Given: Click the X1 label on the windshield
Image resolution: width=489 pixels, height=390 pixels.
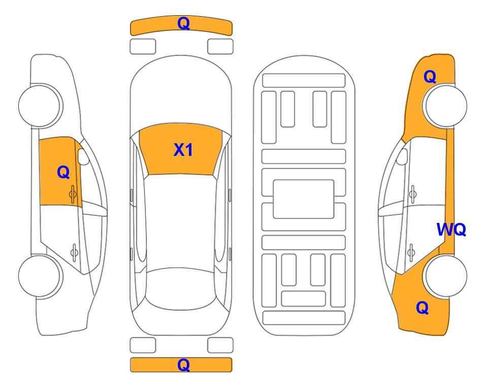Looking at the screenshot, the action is [x=183, y=150].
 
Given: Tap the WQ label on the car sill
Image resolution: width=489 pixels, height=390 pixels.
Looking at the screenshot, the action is [x=451, y=230].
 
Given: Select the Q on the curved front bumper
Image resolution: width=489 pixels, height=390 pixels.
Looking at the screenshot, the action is [x=183, y=23].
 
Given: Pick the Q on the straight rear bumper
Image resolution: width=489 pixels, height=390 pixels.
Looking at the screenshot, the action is [x=183, y=365].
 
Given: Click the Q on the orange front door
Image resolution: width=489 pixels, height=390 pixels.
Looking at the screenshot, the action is [x=63, y=172].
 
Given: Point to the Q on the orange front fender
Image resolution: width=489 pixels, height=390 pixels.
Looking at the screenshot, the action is [x=430, y=77].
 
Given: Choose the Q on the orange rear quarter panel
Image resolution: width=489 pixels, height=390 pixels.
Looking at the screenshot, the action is [x=422, y=308].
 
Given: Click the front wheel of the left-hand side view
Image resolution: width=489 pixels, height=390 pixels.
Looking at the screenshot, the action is [x=40, y=105].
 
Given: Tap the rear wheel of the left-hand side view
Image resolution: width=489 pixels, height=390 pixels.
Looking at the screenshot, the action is [x=40, y=276].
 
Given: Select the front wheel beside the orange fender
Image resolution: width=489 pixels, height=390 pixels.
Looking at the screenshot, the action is [x=445, y=106].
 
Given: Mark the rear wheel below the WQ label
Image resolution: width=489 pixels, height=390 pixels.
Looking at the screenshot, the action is [x=445, y=276].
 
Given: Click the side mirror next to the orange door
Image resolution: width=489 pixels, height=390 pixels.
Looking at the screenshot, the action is [x=83, y=156].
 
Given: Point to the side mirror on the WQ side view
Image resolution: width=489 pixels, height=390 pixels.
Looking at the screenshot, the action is [x=402, y=156].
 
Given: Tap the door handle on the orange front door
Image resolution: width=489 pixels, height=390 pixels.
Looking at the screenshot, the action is [x=73, y=194].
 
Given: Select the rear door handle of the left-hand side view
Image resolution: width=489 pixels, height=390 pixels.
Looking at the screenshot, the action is [x=74, y=252].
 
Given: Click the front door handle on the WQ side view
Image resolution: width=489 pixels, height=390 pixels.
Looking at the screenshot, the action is [x=413, y=194].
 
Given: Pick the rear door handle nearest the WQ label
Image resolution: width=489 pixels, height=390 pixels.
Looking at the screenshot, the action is [x=411, y=252].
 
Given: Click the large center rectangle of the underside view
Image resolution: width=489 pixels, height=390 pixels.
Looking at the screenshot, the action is [x=304, y=199].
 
